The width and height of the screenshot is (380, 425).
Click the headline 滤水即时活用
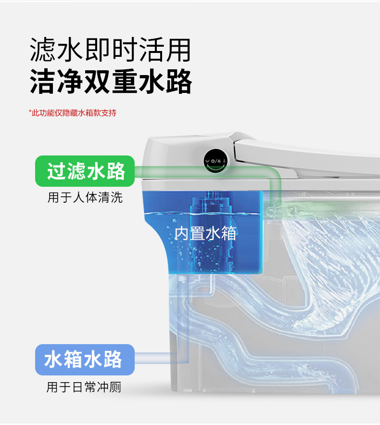click(x=110, y=50)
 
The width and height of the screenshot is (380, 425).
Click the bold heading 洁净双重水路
click(x=110, y=81)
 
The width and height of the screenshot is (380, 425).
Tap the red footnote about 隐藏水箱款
click(x=72, y=113)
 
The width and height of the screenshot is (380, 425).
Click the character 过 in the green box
click(x=56, y=171)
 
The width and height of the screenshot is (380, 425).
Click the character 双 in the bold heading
click(x=97, y=81)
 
